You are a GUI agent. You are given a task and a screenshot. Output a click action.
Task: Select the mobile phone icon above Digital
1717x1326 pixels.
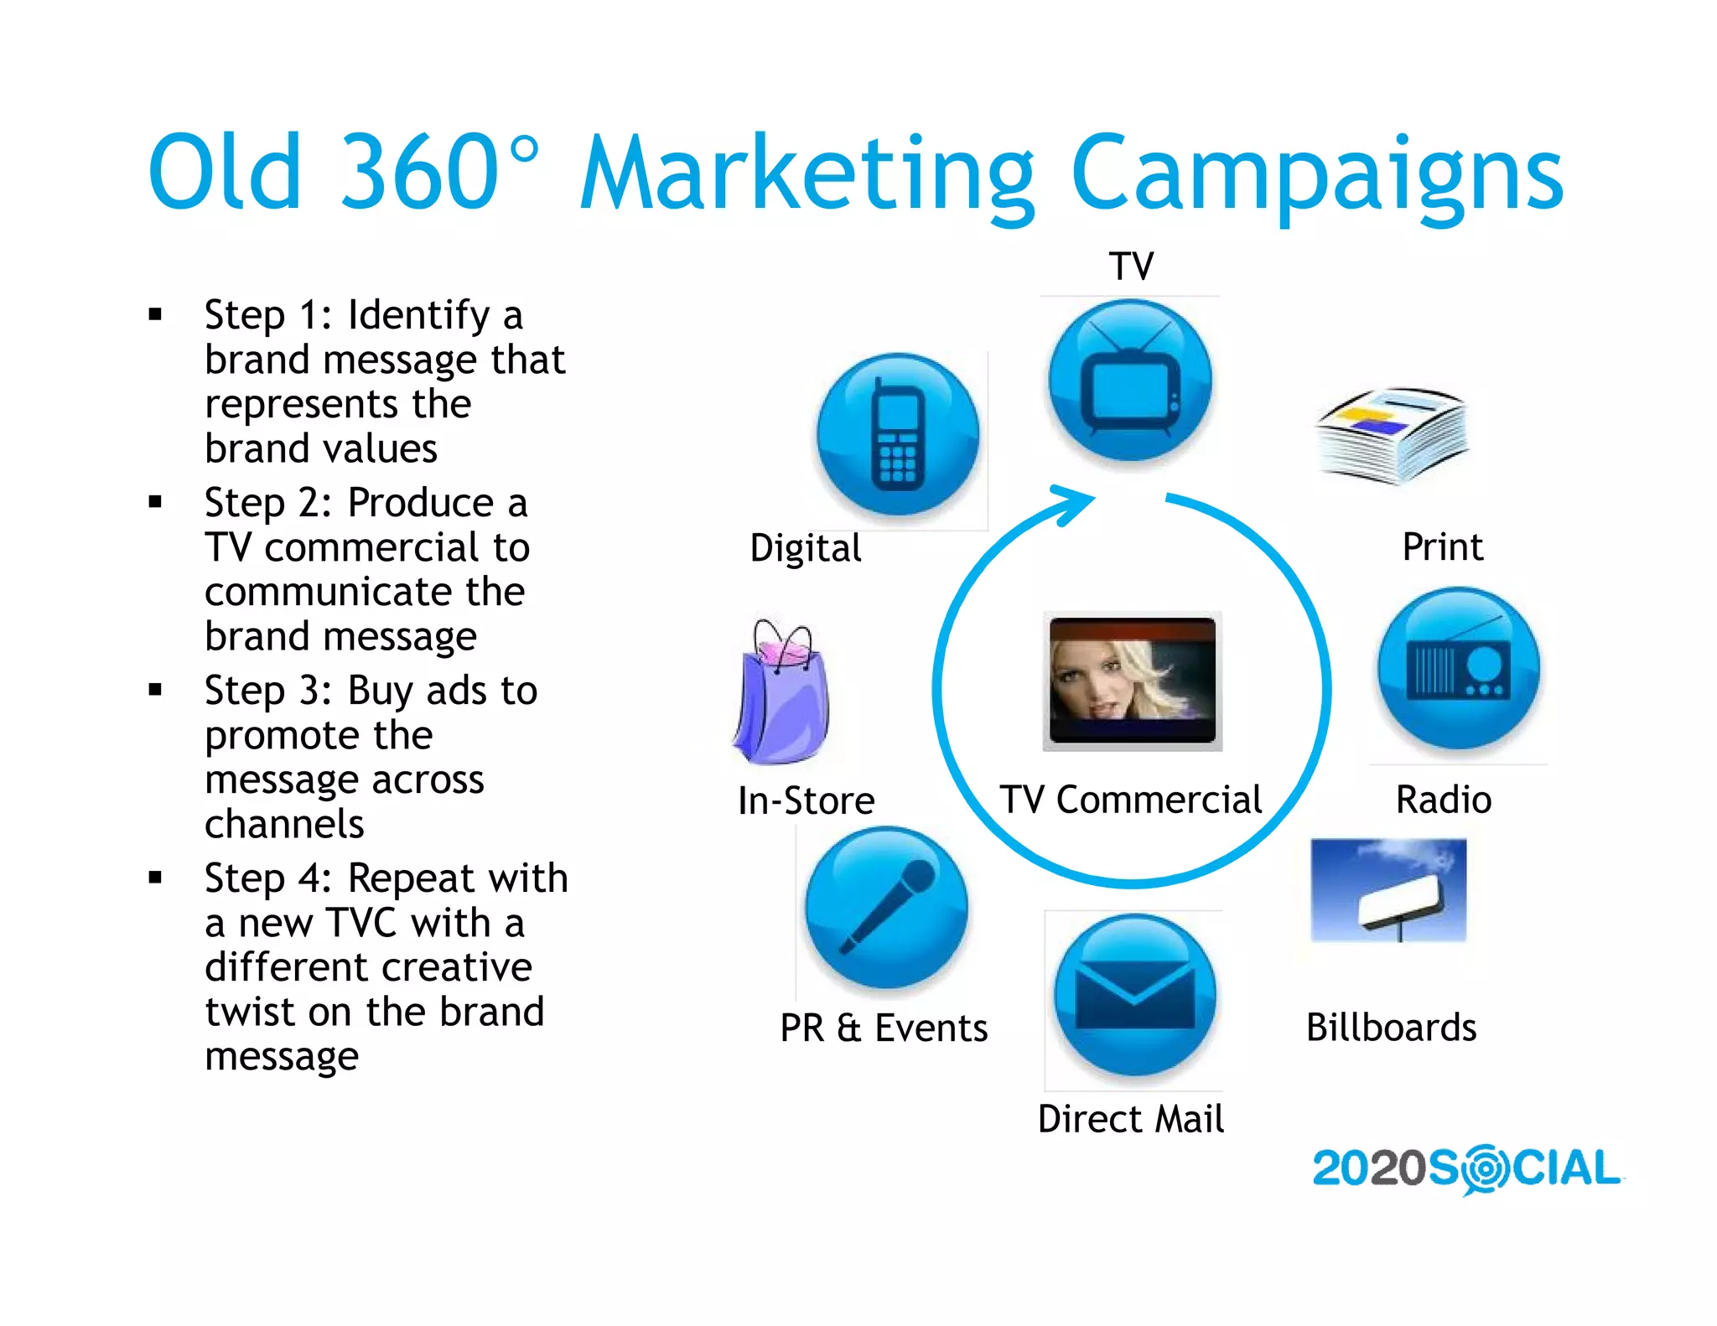[x=898, y=434]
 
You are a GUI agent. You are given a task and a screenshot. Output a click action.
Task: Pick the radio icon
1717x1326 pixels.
[x=1459, y=668]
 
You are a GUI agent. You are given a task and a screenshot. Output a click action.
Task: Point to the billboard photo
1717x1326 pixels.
[x=1388, y=890]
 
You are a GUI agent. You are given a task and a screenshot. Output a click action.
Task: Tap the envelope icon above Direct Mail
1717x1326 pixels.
[x=1134, y=995]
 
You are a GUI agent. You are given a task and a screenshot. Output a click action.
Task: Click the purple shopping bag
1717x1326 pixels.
[x=781, y=694]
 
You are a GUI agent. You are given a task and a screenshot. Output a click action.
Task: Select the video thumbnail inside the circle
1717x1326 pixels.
[x=1132, y=681]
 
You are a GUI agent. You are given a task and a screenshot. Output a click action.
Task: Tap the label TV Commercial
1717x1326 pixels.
[x=1130, y=800]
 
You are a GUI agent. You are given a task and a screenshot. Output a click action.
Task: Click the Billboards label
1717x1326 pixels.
[x=1391, y=1028]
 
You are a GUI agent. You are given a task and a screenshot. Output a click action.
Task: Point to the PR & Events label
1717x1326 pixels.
[x=884, y=1028]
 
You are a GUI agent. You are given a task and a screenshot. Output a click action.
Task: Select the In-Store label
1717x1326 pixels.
[x=806, y=800]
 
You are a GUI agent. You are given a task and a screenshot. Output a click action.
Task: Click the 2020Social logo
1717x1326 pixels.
[x=1465, y=1168]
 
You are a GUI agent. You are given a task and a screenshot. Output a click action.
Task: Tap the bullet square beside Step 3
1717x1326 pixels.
[x=155, y=690]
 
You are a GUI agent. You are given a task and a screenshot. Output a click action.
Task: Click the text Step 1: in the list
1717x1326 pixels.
[x=268, y=316]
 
